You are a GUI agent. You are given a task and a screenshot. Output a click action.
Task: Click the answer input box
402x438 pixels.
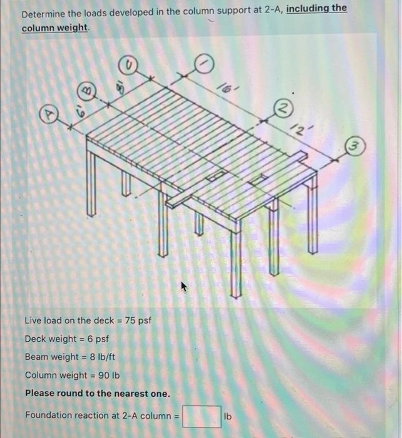click(201, 416)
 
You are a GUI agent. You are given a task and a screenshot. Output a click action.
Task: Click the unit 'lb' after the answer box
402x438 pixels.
click(229, 416)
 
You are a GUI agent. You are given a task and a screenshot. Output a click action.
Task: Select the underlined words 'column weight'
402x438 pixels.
click(55, 29)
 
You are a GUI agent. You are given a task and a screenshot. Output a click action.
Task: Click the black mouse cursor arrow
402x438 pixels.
click(185, 287)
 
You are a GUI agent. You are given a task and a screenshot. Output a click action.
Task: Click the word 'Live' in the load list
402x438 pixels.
click(33, 321)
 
